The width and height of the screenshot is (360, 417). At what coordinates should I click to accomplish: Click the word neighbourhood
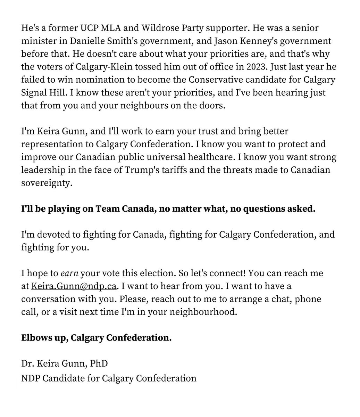click(x=204, y=311)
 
